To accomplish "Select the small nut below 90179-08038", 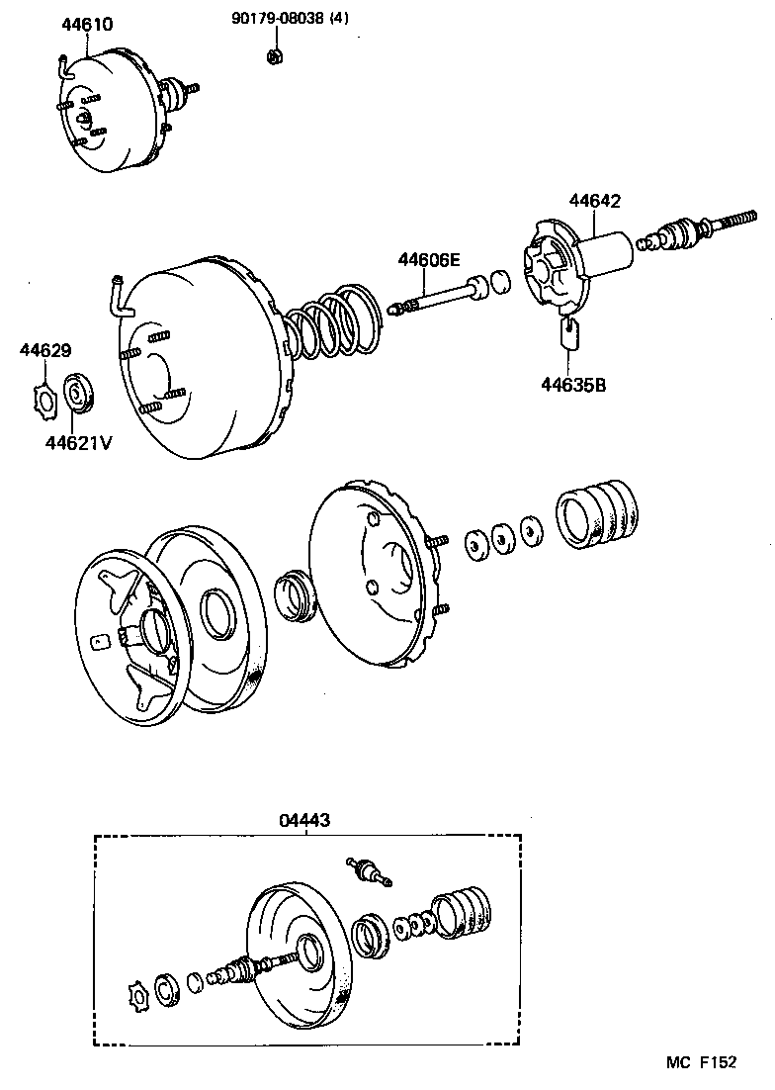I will (274, 55).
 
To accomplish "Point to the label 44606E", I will (429, 260).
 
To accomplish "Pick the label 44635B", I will (573, 384).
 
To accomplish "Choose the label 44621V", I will (78, 442).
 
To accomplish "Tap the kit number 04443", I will (304, 819).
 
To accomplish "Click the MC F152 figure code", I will (701, 1063).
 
